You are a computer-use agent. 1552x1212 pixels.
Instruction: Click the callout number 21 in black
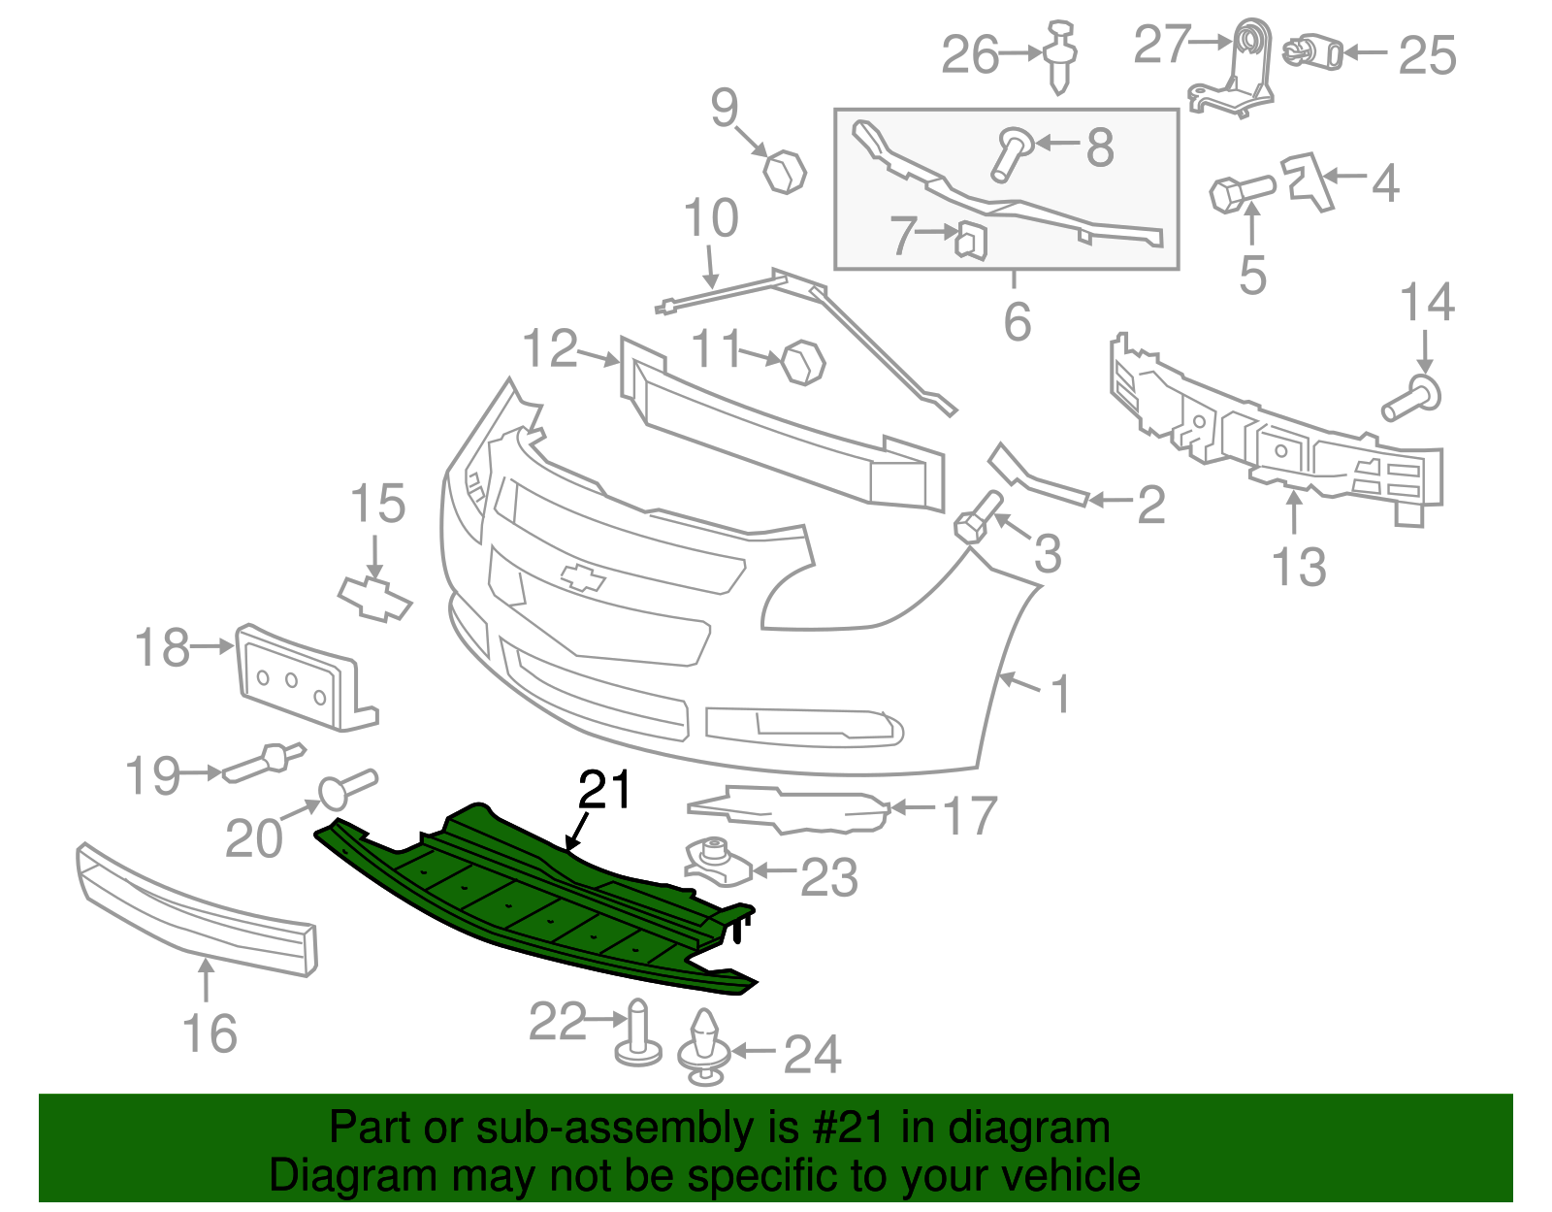[x=604, y=790]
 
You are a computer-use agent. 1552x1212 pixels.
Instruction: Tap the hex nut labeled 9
[x=784, y=172]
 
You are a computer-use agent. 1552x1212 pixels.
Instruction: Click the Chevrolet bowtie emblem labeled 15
[x=375, y=598]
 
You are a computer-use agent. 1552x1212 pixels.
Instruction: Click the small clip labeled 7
[x=971, y=240]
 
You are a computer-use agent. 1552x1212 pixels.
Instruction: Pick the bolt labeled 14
[x=1413, y=399]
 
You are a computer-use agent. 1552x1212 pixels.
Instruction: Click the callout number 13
[x=1298, y=567]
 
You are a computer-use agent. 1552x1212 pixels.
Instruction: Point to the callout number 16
[x=210, y=1033]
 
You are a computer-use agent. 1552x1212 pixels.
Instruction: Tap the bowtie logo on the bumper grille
[x=583, y=579]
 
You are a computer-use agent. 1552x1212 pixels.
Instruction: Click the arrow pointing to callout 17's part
[x=912, y=807]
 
